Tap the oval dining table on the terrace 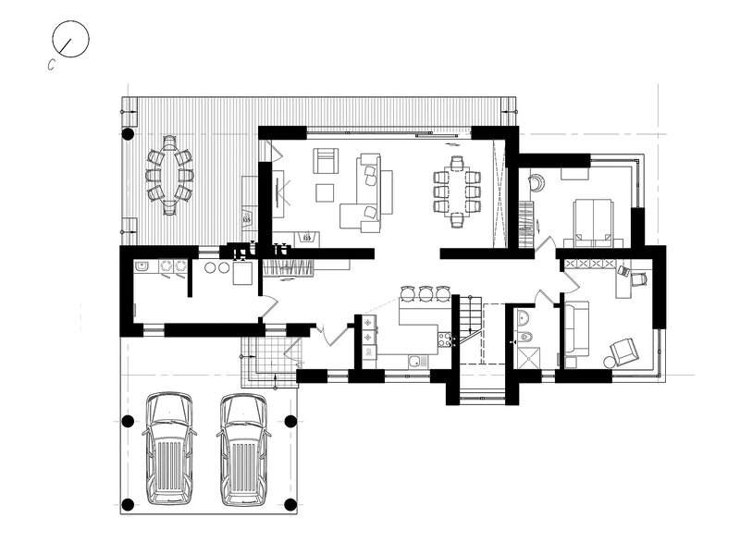point(169,176)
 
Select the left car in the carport point(169,449)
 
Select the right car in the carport point(243,450)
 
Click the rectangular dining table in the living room point(457,191)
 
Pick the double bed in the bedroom point(592,223)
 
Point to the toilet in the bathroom point(525,337)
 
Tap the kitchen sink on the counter point(418,362)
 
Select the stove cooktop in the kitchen point(445,339)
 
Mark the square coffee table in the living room point(325,192)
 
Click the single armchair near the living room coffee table point(327,160)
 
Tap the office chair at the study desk point(638,279)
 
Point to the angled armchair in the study point(623,351)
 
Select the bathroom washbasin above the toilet point(524,318)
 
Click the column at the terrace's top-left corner point(128,134)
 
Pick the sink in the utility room point(142,266)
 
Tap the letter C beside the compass point(52,65)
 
